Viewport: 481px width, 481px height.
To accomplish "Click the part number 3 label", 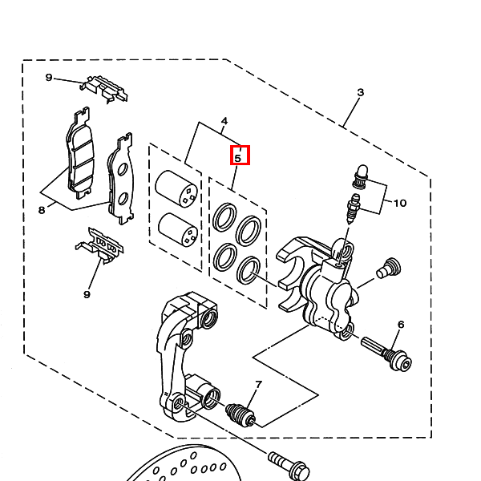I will pos(361,93).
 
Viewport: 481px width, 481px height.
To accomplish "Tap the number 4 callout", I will pos(224,121).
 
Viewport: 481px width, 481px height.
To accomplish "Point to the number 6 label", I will pos(401,324).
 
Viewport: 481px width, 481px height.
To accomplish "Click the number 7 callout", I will pos(259,384).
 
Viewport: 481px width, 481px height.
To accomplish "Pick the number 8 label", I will pos(42,210).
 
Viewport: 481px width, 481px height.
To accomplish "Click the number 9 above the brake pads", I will pos(48,78).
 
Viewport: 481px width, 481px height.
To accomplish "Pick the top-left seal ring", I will pos(224,216).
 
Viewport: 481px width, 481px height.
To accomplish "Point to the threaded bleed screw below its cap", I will pos(354,206).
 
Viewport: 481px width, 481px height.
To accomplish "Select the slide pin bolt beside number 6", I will pos(386,354).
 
